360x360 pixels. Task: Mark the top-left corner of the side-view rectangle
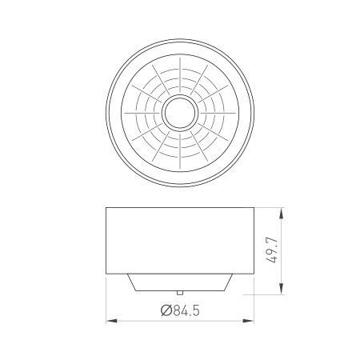click(107, 208)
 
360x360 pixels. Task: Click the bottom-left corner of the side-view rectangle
click(107, 272)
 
